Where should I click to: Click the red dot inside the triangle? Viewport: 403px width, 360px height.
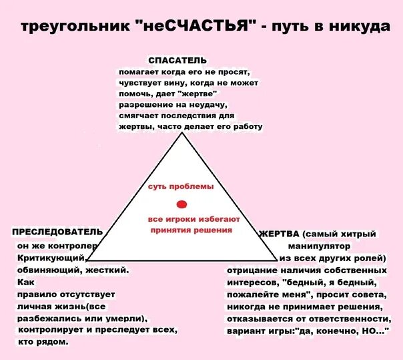point(181,203)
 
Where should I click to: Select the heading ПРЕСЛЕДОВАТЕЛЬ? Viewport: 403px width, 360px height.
point(57,232)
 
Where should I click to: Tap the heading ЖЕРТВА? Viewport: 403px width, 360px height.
point(279,234)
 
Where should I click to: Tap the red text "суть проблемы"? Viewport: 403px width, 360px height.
point(181,186)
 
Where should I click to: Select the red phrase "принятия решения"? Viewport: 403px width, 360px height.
point(191,230)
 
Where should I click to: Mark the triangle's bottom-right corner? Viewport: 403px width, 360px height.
point(278,260)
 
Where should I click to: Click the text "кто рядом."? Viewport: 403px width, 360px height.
point(44,342)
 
